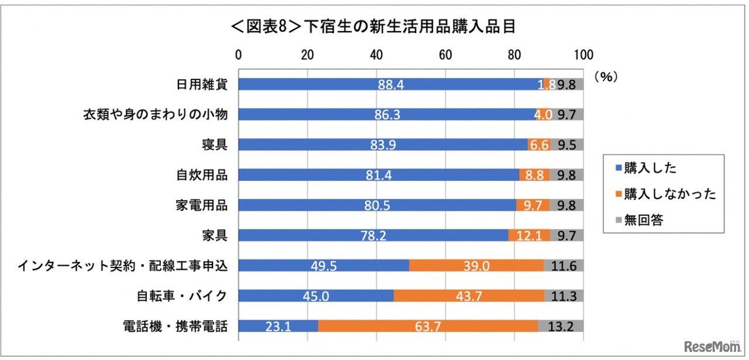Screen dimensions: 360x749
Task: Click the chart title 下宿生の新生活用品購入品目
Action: [375, 28]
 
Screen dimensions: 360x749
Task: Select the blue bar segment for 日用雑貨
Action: [390, 84]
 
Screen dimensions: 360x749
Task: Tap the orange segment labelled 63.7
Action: [428, 326]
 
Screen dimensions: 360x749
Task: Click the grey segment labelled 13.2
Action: [561, 326]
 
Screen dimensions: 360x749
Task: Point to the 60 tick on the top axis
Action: [445, 55]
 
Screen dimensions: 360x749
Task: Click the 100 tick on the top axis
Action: [583, 55]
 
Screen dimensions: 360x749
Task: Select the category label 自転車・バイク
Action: [178, 296]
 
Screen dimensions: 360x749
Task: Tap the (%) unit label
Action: [606, 77]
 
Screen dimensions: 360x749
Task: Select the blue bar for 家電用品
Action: [377, 205]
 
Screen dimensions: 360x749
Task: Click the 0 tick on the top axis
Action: [238, 55]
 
